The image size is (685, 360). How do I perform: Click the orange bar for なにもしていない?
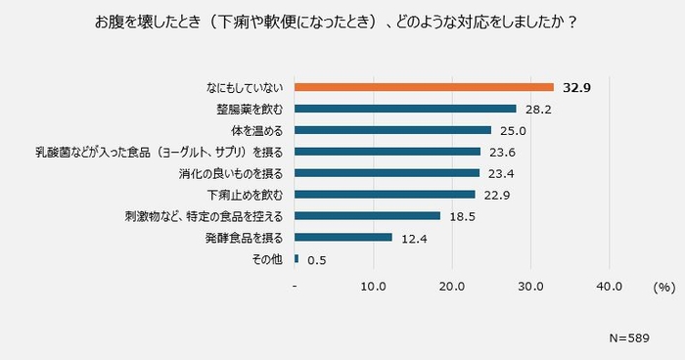pyautogui.click(x=424, y=87)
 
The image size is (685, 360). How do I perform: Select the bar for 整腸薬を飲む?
pyautogui.click(x=405, y=109)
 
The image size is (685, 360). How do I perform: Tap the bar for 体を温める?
pyautogui.click(x=392, y=130)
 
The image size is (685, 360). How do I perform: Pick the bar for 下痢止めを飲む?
pyautogui.click(x=385, y=195)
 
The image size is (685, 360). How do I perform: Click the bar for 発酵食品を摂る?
pyautogui.click(x=343, y=237)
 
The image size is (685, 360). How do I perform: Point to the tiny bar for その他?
pyautogui.click(x=297, y=258)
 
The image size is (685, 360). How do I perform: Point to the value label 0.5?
pyautogui.click(x=316, y=259)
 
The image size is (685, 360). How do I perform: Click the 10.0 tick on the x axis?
pyautogui.click(x=374, y=288)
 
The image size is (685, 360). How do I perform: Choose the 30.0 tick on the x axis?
pyautogui.click(x=531, y=288)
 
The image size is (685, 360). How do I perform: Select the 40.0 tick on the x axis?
pyautogui.click(x=610, y=288)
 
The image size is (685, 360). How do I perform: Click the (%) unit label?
pyautogui.click(x=663, y=288)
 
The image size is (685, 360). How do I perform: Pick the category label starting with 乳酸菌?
pyautogui.click(x=160, y=152)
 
